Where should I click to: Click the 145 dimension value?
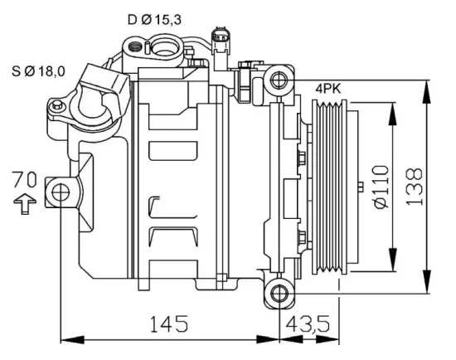167,322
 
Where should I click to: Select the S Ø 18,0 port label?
38,72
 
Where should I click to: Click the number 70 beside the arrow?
26,178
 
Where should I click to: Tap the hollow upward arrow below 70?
26,201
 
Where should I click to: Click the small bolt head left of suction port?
58,107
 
